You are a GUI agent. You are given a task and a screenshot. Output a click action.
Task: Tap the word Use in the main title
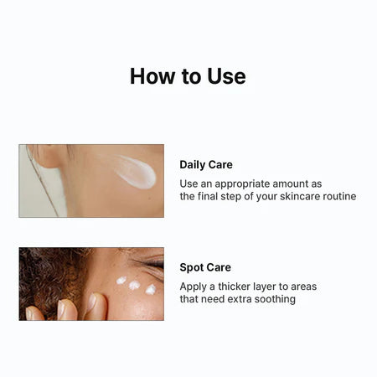point(226,76)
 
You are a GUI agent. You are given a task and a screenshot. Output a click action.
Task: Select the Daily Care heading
point(206,165)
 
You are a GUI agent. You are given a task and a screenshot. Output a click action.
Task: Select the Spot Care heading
point(205,268)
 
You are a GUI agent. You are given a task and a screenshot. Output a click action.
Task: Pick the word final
point(213,196)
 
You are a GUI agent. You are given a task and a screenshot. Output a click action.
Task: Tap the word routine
point(337,196)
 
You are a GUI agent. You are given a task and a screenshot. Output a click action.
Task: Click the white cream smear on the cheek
point(136,172)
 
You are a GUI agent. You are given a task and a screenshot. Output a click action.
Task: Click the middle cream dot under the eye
point(134,285)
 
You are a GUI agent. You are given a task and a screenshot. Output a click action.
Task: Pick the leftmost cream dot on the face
point(121,280)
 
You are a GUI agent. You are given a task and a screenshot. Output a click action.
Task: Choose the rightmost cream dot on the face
point(151,290)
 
